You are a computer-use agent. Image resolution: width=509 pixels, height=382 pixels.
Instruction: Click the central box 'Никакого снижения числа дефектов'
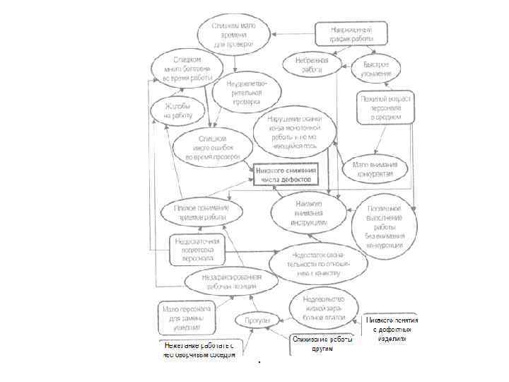point(286,175)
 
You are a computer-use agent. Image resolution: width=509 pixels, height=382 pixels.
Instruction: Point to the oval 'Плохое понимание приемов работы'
point(201,212)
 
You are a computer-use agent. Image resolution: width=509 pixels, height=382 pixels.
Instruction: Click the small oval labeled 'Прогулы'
point(255,320)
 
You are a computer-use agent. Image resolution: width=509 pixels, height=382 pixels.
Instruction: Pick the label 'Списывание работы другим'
point(322,344)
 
